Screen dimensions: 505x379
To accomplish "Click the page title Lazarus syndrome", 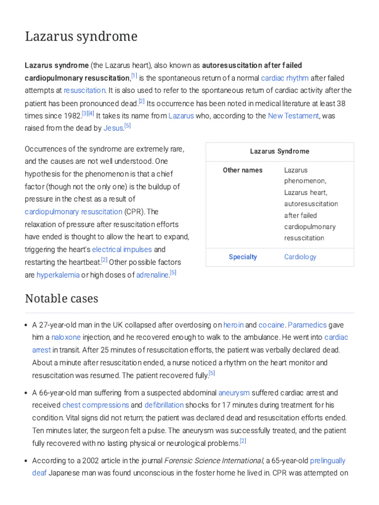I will [81, 36].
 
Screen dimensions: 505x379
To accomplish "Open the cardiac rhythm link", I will [285, 78].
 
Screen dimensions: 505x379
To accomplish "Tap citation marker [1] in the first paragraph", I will [134, 76].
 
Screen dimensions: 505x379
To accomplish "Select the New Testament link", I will [294, 116].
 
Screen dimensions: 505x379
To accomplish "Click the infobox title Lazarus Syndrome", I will [279, 151].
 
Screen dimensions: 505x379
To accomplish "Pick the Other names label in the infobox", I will [242, 170].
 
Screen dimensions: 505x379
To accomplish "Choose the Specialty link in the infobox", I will [242, 257].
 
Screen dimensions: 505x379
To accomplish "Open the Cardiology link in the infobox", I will [300, 257].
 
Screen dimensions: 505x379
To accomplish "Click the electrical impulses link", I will [122, 250].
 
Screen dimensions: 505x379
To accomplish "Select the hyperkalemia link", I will [58, 275].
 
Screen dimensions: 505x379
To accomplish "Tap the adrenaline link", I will [152, 275].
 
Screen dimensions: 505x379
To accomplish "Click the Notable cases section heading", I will [62, 299].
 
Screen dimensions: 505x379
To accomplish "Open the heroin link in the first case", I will [233, 325].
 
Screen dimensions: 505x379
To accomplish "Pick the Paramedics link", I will [307, 325].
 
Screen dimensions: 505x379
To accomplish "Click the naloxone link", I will [66, 337].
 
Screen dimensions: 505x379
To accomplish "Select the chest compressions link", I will [95, 405].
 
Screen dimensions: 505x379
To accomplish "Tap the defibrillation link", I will [164, 405].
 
